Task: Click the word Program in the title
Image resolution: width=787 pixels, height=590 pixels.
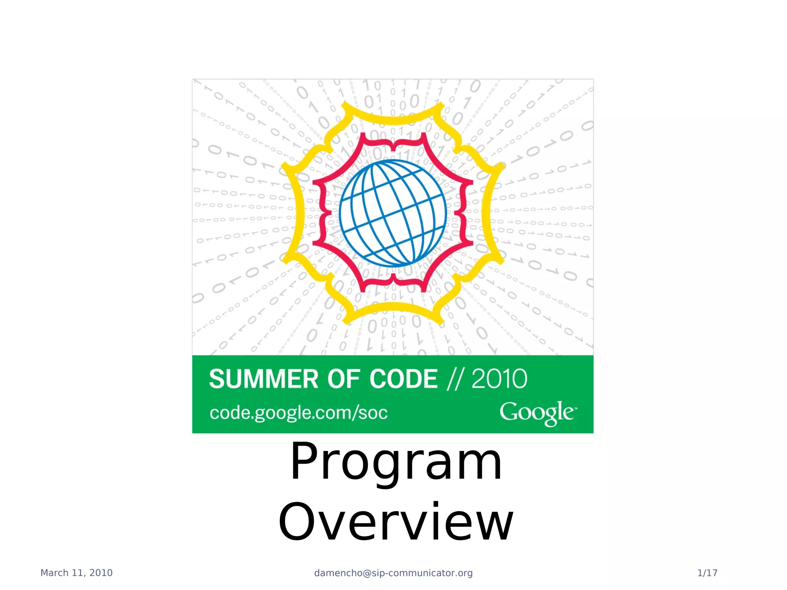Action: (x=396, y=462)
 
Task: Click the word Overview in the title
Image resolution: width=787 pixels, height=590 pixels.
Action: (x=396, y=522)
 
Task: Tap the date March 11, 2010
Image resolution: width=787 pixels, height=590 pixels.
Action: (x=76, y=573)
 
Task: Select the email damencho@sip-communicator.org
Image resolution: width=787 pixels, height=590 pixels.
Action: (x=393, y=573)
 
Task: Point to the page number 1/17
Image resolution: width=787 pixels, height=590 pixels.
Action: (x=707, y=573)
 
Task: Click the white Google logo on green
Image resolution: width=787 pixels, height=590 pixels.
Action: (x=538, y=413)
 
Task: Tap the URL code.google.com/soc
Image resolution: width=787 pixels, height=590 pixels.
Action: (x=299, y=413)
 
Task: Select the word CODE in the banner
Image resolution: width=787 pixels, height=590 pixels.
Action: (x=403, y=379)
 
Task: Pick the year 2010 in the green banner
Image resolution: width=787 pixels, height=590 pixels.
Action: (x=499, y=379)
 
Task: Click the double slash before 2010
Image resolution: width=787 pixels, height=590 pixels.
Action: (x=455, y=379)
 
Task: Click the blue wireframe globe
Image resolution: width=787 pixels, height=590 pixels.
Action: (x=393, y=213)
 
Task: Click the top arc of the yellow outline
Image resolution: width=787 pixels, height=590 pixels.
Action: (x=393, y=120)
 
